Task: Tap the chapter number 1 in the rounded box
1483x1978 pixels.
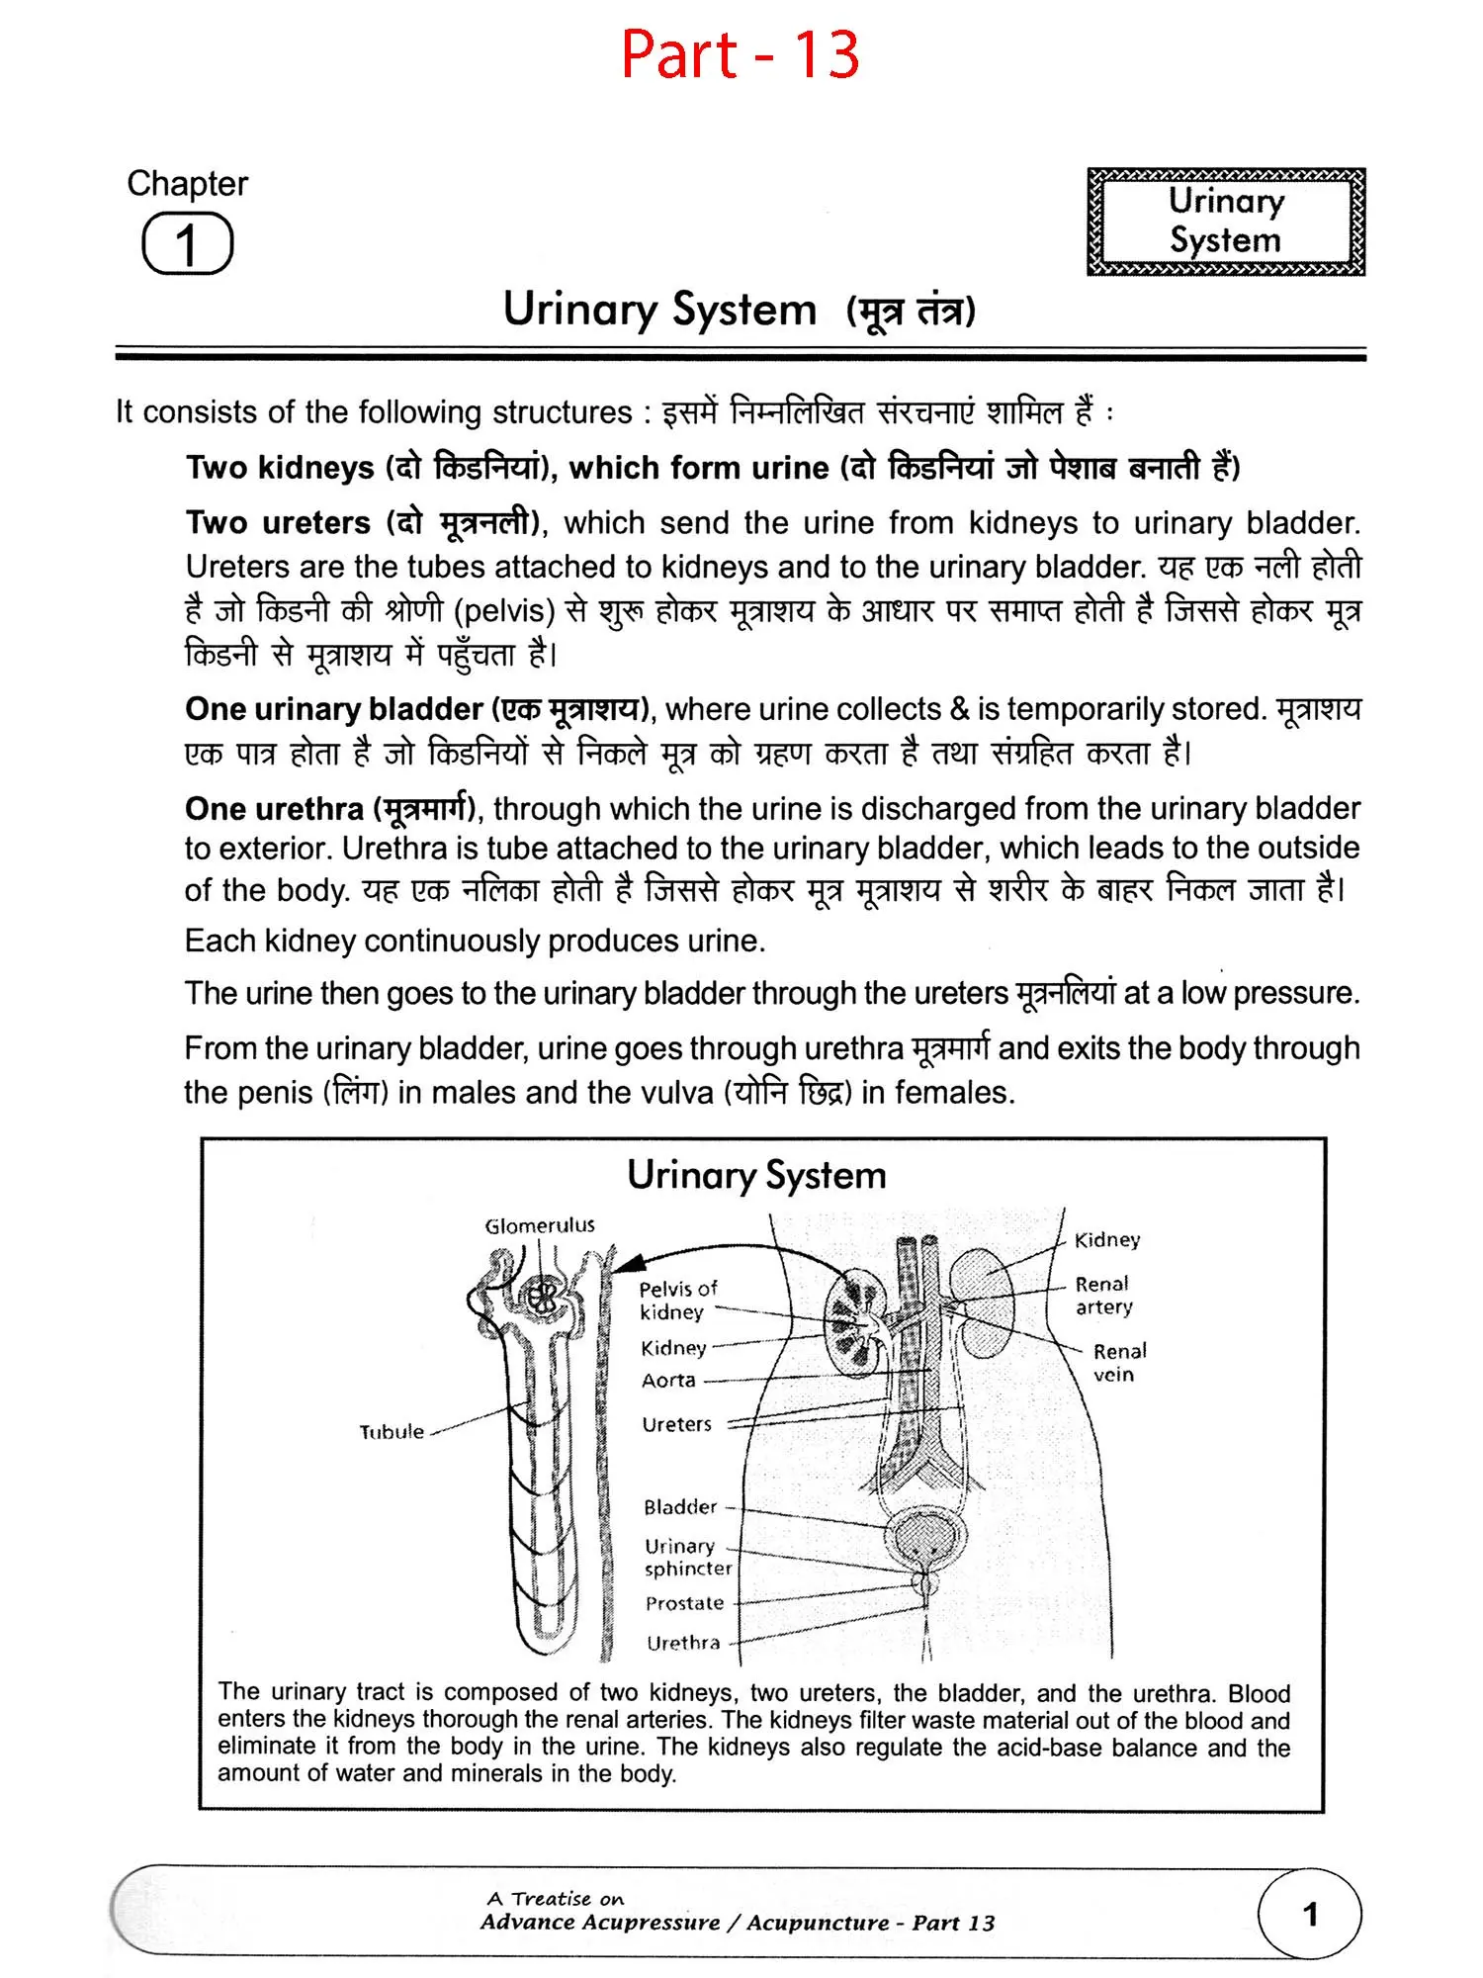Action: click(x=187, y=244)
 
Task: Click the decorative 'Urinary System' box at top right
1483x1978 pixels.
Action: click(x=1225, y=221)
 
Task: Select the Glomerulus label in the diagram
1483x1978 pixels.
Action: click(x=540, y=1225)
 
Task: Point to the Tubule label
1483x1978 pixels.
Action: click(x=392, y=1431)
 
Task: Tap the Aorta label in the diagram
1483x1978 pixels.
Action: click(x=668, y=1380)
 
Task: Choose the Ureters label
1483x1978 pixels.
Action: click(x=676, y=1424)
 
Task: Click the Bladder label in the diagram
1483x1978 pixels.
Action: click(x=680, y=1507)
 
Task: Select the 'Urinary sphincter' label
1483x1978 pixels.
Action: click(x=687, y=1557)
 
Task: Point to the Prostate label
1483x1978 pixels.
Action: click(x=684, y=1603)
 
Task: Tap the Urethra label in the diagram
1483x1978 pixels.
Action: click(x=683, y=1643)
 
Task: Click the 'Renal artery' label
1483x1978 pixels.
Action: click(x=1103, y=1295)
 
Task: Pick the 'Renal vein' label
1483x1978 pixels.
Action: click(x=1118, y=1362)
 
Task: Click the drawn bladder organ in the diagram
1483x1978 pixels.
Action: click(x=925, y=1539)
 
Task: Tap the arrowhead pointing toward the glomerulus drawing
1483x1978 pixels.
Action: click(x=629, y=1263)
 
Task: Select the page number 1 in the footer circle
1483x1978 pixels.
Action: click(x=1310, y=1915)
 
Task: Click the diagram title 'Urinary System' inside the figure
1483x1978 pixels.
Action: click(x=756, y=1175)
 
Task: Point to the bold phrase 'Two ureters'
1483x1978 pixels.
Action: click(x=278, y=522)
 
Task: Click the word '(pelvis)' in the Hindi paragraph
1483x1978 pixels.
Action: click(x=504, y=610)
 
